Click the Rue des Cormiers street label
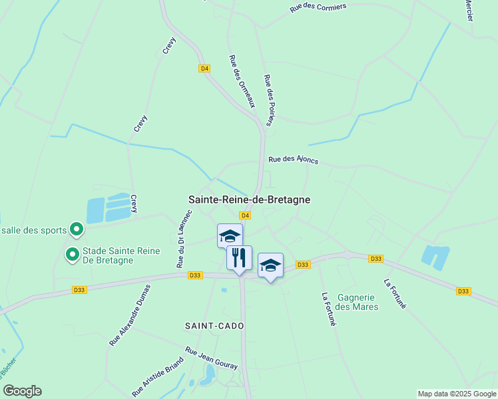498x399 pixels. pyautogui.click(x=318, y=8)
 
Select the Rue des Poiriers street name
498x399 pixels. pyautogui.click(x=269, y=100)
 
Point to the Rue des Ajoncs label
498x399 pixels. pyautogui.click(x=293, y=160)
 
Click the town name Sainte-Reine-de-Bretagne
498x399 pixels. pyautogui.click(x=250, y=199)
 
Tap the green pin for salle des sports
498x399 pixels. pyautogui.click(x=77, y=230)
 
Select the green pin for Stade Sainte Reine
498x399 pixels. pyautogui.click(x=72, y=253)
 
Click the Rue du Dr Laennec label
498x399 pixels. pyautogui.click(x=184, y=239)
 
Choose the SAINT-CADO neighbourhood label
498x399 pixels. pyautogui.click(x=214, y=326)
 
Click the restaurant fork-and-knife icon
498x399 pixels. pyautogui.click(x=240, y=257)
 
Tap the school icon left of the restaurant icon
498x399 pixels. pyautogui.click(x=230, y=235)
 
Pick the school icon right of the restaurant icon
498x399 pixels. pyautogui.click(x=270, y=265)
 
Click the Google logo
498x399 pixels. pyautogui.click(x=22, y=391)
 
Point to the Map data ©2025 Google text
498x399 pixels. pyautogui.click(x=457, y=394)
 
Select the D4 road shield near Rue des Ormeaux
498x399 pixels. pyautogui.click(x=204, y=68)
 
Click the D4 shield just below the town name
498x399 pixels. pyautogui.click(x=245, y=215)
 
